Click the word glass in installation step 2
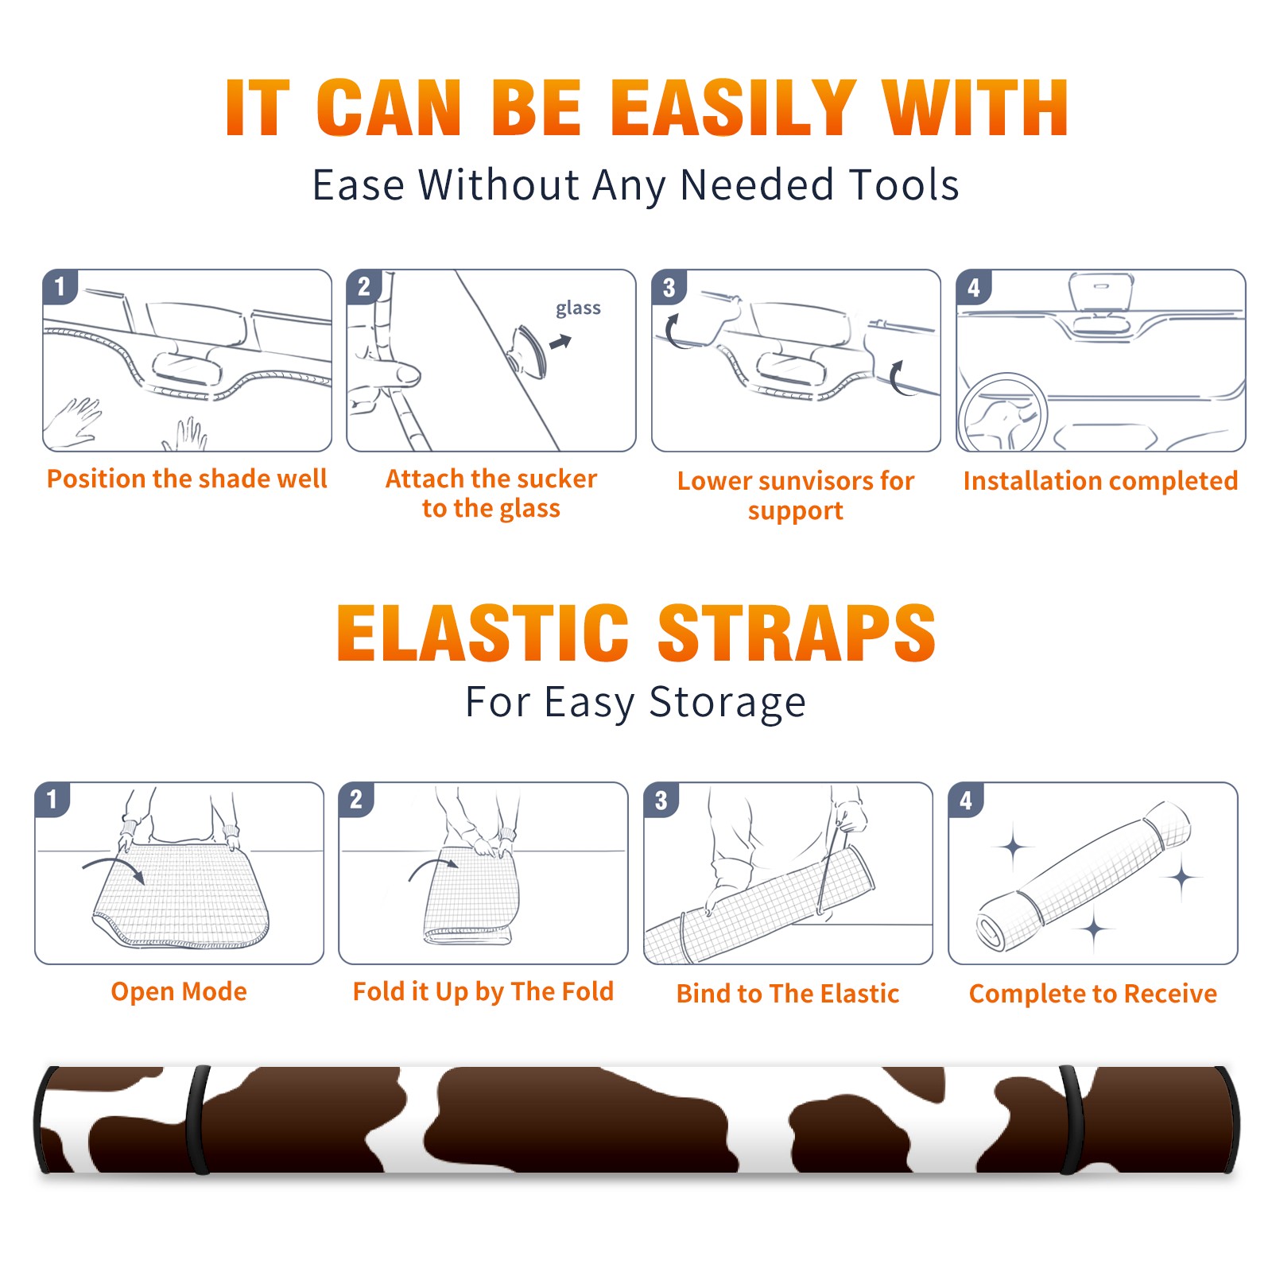click(578, 308)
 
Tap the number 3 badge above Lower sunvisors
click(669, 288)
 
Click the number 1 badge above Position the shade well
click(60, 286)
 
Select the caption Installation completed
click(1100, 481)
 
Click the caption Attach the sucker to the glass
click(491, 494)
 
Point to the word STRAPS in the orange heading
click(797, 633)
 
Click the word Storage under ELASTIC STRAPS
click(727, 703)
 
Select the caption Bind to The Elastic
click(788, 994)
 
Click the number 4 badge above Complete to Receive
click(966, 800)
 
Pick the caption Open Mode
click(179, 991)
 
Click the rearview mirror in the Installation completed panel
click(1100, 292)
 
